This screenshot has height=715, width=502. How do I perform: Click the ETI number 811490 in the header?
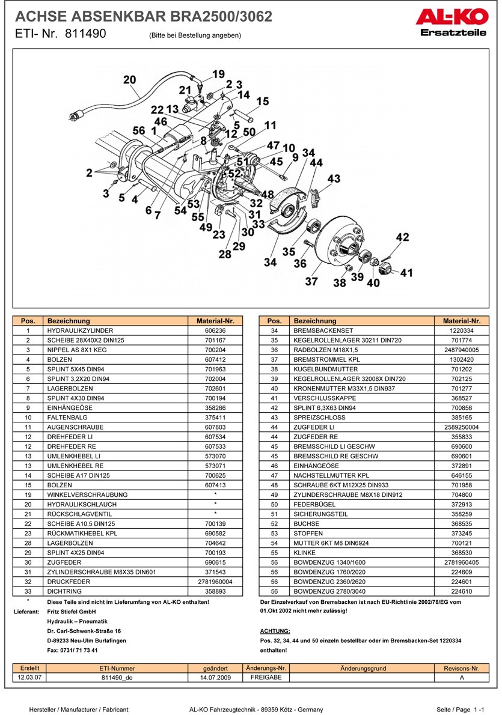85,34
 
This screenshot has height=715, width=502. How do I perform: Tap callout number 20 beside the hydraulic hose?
129,80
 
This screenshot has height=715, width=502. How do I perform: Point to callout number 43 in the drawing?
334,178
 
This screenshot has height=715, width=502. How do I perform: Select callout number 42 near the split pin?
402,237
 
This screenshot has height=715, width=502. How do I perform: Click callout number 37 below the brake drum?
311,281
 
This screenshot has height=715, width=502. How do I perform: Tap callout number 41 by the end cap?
407,273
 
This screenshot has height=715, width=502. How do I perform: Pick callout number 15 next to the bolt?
263,102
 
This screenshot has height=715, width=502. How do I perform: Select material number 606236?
215,330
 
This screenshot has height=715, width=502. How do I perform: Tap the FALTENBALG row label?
66,417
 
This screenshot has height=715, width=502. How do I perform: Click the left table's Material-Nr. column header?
215,321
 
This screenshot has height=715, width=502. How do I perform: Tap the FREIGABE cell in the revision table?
266,677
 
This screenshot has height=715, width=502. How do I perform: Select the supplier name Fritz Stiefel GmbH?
71,612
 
